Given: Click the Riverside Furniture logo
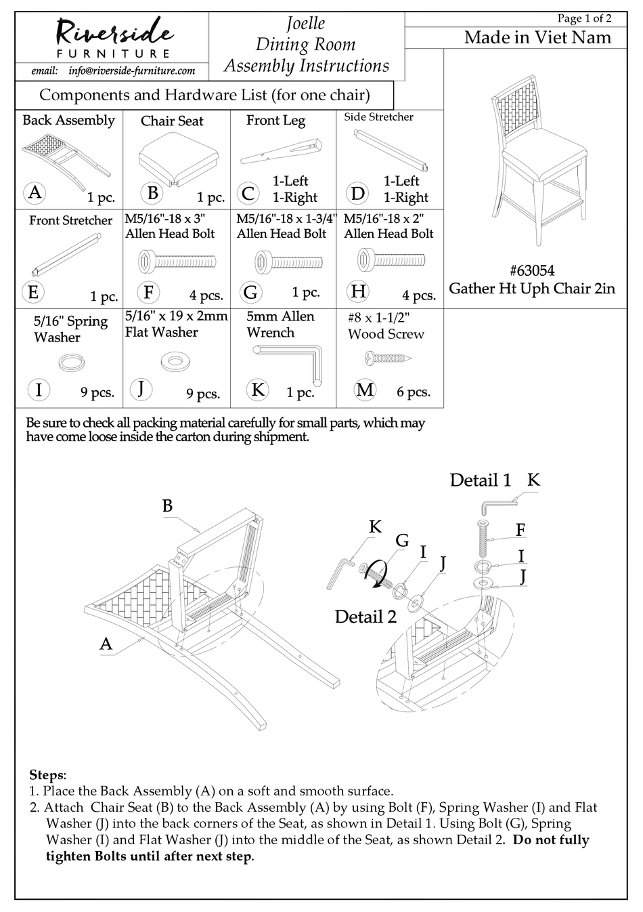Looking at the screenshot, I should (x=113, y=37).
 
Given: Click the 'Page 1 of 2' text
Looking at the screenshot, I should (x=583, y=18).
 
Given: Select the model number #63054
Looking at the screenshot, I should (x=532, y=270).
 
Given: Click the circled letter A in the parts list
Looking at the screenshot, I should (x=35, y=192).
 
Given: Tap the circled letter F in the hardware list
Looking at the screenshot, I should (x=148, y=292).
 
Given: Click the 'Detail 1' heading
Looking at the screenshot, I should (x=480, y=480).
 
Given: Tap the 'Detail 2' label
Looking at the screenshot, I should (x=365, y=617).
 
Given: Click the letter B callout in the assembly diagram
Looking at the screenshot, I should (x=167, y=505).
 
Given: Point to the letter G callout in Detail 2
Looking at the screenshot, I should (x=402, y=540).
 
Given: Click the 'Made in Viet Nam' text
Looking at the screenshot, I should (x=537, y=38).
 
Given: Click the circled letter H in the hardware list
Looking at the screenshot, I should (x=358, y=291).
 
